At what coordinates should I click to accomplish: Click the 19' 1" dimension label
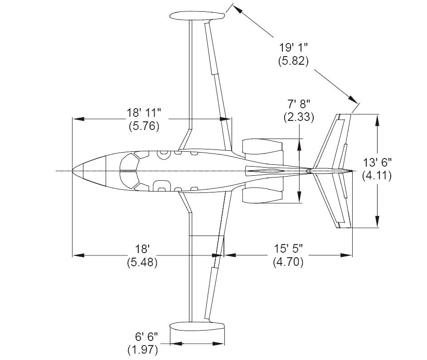point(293,48)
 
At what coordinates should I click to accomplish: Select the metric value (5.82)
point(293,61)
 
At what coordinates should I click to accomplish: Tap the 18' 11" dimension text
point(144,113)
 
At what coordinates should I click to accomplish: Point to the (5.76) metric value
point(144,126)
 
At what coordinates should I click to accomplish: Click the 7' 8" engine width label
point(299,104)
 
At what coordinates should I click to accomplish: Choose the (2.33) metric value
point(299,117)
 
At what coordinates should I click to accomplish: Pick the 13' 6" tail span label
point(377,163)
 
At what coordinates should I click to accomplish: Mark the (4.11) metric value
point(377,176)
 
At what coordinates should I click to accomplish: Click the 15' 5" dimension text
point(288,249)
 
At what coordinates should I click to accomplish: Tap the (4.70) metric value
point(288,262)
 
